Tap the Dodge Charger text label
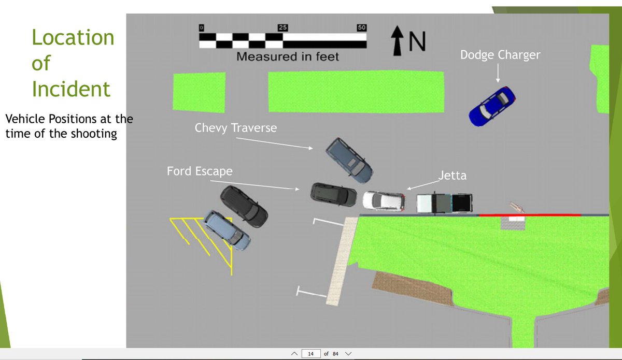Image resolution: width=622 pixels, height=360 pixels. click(x=500, y=54)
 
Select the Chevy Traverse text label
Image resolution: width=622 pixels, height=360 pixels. click(x=236, y=127)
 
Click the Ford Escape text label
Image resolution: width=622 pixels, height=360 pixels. click(x=200, y=171)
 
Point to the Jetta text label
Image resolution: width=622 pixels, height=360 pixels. click(x=453, y=176)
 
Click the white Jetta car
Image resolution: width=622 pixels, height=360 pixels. click(x=384, y=200)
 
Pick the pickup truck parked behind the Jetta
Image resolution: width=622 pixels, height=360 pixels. click(x=445, y=203)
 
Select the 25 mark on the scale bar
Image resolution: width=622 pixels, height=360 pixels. click(x=283, y=27)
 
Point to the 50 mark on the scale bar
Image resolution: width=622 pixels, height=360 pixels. click(x=362, y=27)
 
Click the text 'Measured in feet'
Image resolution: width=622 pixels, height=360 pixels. click(x=287, y=57)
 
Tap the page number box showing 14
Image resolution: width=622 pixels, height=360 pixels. click(x=310, y=354)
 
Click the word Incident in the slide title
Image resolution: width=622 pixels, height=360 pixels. click(x=71, y=89)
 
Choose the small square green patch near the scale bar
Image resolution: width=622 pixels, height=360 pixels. click(x=199, y=92)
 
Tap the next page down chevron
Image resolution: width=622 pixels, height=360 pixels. click(x=348, y=354)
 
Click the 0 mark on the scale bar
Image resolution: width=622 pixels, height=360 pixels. click(x=202, y=27)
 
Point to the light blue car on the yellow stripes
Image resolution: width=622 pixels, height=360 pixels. click(x=227, y=230)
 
